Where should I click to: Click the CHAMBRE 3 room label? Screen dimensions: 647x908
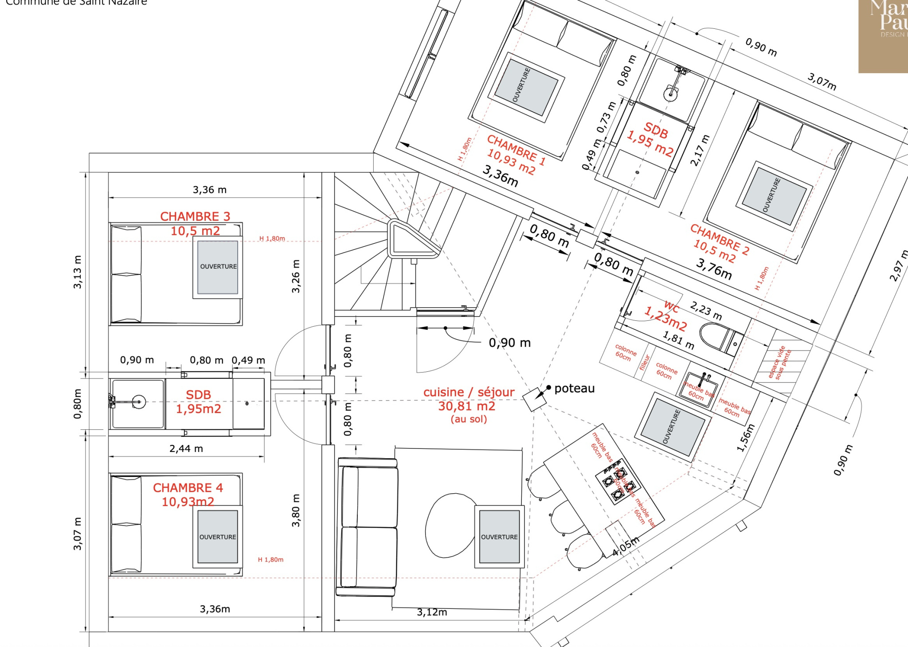195,216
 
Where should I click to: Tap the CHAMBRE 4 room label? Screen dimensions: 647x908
188,487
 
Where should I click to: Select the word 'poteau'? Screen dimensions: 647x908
574,389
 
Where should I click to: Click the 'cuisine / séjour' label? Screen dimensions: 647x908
469,392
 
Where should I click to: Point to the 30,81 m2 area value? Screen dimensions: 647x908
467,406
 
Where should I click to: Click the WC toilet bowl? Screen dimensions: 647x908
714,335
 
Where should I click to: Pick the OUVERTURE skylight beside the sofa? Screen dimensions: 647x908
499,537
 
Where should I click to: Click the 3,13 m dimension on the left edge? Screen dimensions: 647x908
78,272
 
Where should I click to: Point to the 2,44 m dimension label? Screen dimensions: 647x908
186,449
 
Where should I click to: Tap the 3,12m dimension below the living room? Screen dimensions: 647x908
432,612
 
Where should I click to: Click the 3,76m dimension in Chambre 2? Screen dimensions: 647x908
714,269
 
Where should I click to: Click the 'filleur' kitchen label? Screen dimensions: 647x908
645,362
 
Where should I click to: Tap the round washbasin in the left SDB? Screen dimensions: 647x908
139,402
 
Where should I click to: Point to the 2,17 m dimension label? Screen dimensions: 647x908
700,150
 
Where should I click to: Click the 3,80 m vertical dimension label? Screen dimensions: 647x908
296,510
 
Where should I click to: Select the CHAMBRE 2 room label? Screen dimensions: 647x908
720,239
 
